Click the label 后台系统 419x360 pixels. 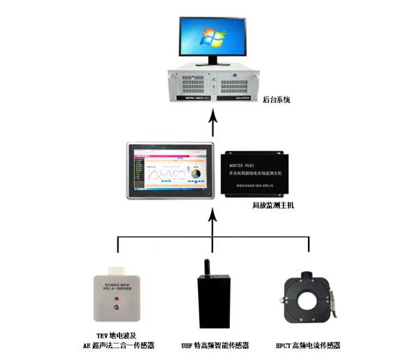click(276, 101)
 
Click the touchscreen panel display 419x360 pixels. click(170, 171)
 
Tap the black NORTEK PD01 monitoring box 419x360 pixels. click(259, 172)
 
